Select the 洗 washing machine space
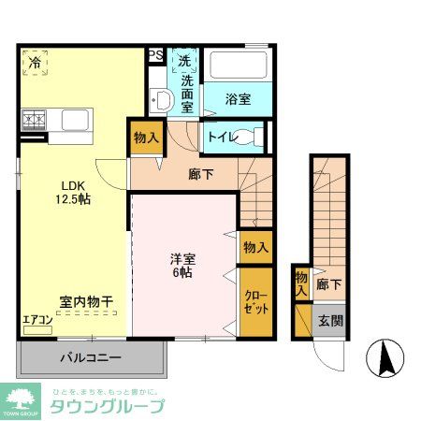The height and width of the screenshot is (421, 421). [184, 61]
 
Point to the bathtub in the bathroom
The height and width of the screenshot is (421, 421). [238, 65]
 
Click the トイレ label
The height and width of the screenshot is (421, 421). [222, 137]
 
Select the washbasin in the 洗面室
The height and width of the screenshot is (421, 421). [159, 101]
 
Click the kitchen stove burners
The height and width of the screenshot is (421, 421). [36, 120]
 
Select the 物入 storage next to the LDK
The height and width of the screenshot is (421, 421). [146, 138]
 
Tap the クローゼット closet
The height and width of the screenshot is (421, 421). [255, 300]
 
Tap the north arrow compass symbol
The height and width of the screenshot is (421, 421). [387, 357]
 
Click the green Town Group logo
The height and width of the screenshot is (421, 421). [22, 399]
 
